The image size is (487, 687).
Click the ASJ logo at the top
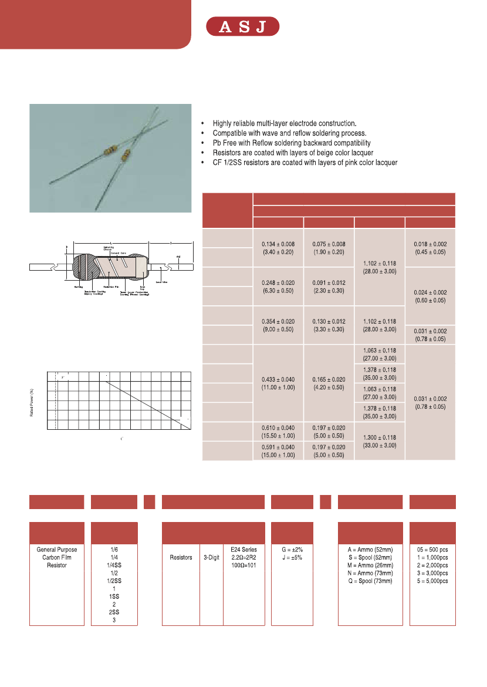click(242, 27)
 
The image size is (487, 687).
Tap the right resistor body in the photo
click(125, 156)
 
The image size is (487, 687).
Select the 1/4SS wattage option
click(114, 565)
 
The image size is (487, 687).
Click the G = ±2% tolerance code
click(292, 550)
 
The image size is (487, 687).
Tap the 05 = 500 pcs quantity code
click(432, 550)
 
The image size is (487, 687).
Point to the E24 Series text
click(244, 550)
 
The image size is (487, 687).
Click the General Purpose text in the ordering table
click(57, 550)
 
